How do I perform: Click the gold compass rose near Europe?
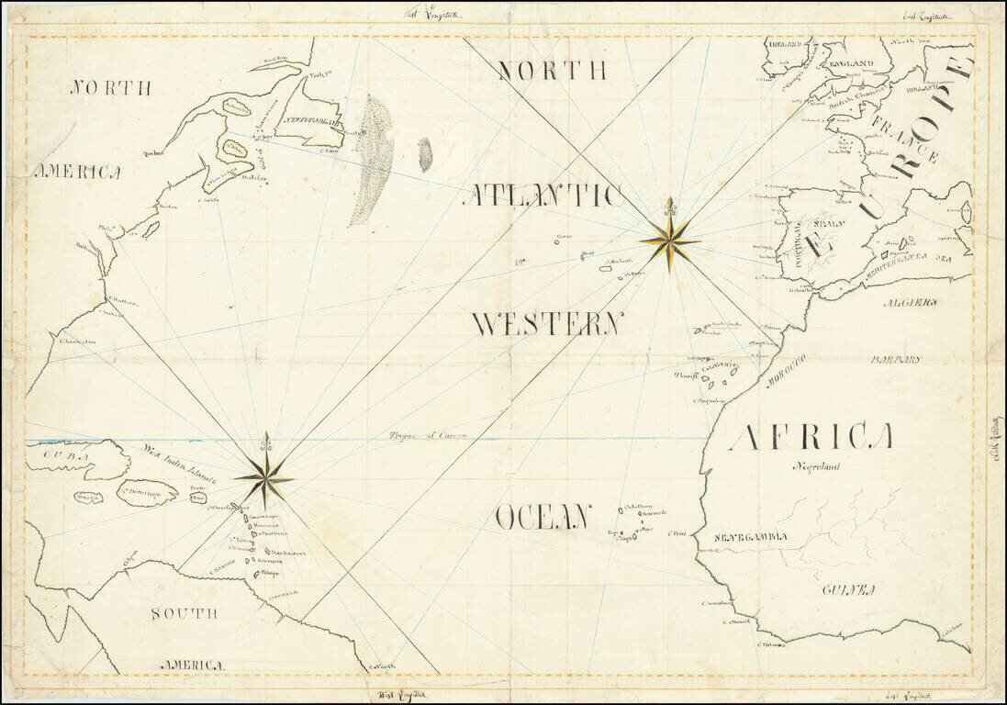670,241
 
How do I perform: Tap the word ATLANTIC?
547,196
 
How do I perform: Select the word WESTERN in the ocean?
548,324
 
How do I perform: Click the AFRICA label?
811,439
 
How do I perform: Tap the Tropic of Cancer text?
428,436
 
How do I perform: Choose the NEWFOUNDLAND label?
313,120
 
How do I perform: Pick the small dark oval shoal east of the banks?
425,155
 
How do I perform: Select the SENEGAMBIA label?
752,537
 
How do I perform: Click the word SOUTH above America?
185,613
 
